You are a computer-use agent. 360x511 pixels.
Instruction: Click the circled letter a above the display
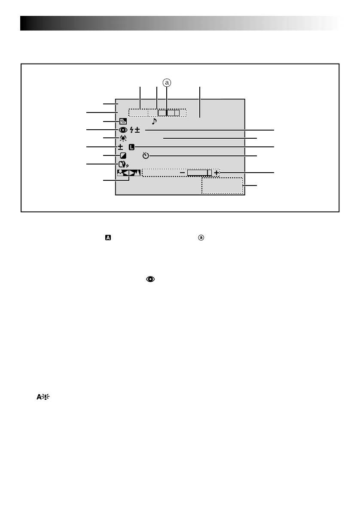[167, 82]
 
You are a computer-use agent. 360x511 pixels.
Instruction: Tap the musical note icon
[154, 121]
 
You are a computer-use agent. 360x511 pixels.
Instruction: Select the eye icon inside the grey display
[123, 130]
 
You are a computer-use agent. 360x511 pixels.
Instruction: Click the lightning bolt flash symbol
[131, 130]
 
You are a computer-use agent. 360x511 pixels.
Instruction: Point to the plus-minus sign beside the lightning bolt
[137, 130]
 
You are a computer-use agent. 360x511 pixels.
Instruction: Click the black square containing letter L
[131, 147]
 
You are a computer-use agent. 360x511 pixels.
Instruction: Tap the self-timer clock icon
[145, 155]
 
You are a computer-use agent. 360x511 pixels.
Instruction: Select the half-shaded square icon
[123, 155]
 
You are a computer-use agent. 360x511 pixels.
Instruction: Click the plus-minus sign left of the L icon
[121, 147]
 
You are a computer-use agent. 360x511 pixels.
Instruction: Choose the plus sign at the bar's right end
[216, 173]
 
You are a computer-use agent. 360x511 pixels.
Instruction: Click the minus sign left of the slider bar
[182, 173]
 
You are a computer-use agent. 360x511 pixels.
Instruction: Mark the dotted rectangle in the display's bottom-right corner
[223, 186]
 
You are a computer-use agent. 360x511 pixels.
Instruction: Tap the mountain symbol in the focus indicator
[137, 173]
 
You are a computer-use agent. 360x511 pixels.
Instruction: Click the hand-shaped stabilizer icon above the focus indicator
[122, 164]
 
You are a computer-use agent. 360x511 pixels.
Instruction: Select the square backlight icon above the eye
[123, 121]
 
